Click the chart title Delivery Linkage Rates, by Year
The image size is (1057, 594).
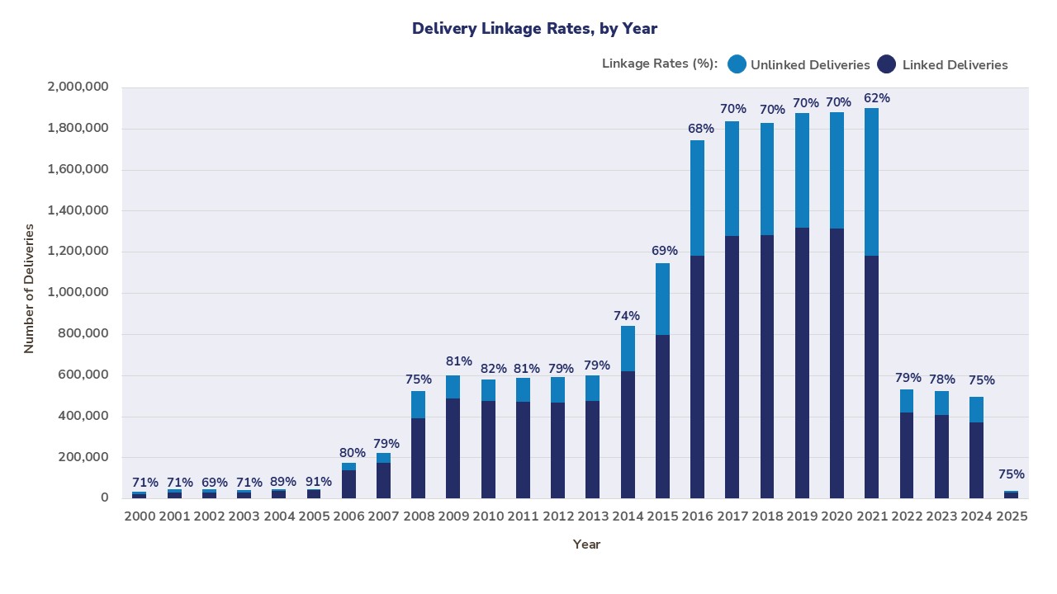(x=534, y=29)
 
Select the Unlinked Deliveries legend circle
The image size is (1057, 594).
(x=737, y=64)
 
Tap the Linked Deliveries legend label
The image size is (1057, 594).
(x=955, y=65)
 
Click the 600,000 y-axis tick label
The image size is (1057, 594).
(x=81, y=375)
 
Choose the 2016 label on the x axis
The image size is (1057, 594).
(x=698, y=516)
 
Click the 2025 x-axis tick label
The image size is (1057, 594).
(x=1011, y=516)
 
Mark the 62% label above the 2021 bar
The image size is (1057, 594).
(x=876, y=98)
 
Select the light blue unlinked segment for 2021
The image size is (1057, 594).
(x=872, y=181)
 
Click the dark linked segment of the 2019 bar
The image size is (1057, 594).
(x=802, y=363)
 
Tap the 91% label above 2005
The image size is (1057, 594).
(x=319, y=482)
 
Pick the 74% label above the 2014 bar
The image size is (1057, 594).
(x=627, y=316)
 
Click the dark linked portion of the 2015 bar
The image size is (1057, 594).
(x=662, y=417)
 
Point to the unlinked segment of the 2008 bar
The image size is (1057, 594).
(x=419, y=404)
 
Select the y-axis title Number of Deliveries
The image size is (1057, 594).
(x=30, y=289)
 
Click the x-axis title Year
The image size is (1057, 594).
(x=587, y=544)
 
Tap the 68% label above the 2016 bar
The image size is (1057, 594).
(x=701, y=129)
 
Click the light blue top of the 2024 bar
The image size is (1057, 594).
(x=976, y=409)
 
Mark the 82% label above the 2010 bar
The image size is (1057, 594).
(x=493, y=369)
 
